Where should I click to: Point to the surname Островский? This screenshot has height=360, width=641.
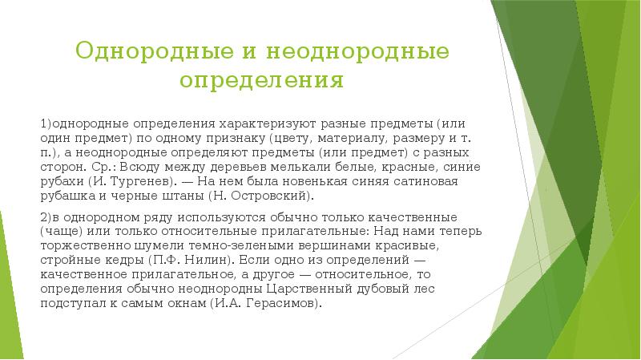272,196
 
